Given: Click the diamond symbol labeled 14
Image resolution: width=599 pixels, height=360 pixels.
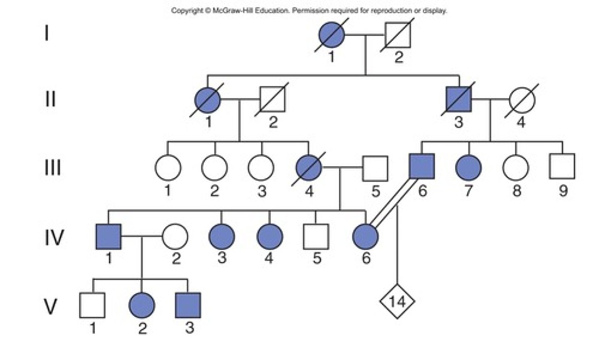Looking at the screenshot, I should pos(397,301).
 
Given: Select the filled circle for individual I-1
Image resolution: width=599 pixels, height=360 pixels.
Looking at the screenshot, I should pos(332,35).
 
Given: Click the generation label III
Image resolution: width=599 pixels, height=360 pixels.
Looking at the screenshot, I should pos(52,168).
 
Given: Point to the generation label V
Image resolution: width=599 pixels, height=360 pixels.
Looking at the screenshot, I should pos(51,307).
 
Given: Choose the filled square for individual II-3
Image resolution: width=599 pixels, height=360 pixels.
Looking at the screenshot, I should pos(459,100).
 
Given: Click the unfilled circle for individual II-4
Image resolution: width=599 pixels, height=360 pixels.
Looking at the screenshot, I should pos(522,100).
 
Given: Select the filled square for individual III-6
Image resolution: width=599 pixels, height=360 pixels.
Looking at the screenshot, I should pos(422,166).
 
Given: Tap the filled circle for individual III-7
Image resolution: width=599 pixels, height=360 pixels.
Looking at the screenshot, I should pos(469,168).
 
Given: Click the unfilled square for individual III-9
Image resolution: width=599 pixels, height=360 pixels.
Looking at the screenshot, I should pos(562,166).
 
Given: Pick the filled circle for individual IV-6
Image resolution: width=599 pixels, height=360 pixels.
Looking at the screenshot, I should pos(365,237).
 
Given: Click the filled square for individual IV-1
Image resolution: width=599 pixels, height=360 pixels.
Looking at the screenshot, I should pos(109,237).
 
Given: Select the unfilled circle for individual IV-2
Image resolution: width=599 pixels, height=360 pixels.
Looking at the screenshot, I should pos(175,237).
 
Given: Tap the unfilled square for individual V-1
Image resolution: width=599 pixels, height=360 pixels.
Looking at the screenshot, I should pos(92,305).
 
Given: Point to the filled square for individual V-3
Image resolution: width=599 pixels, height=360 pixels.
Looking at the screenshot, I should pos(188,305).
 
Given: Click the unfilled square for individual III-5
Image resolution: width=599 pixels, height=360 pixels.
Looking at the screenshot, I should pos(375,168).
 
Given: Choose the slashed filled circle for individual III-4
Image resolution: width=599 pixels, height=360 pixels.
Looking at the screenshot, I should pos(309,168).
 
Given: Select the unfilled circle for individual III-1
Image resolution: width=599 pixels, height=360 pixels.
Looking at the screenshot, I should pos(168,168).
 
